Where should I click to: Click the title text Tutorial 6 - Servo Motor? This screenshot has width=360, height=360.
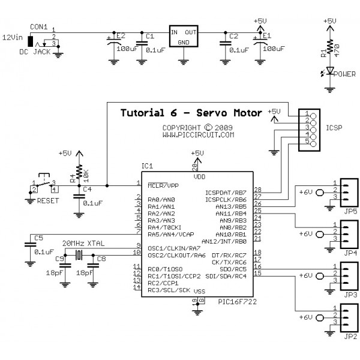coord(191,113)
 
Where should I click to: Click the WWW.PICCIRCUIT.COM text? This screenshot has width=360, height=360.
coord(197,136)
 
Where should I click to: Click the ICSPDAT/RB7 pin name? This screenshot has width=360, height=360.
coord(226,192)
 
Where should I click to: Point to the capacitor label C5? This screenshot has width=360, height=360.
coord(38,238)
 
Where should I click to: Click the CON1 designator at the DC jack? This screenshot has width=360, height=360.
coord(40,26)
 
